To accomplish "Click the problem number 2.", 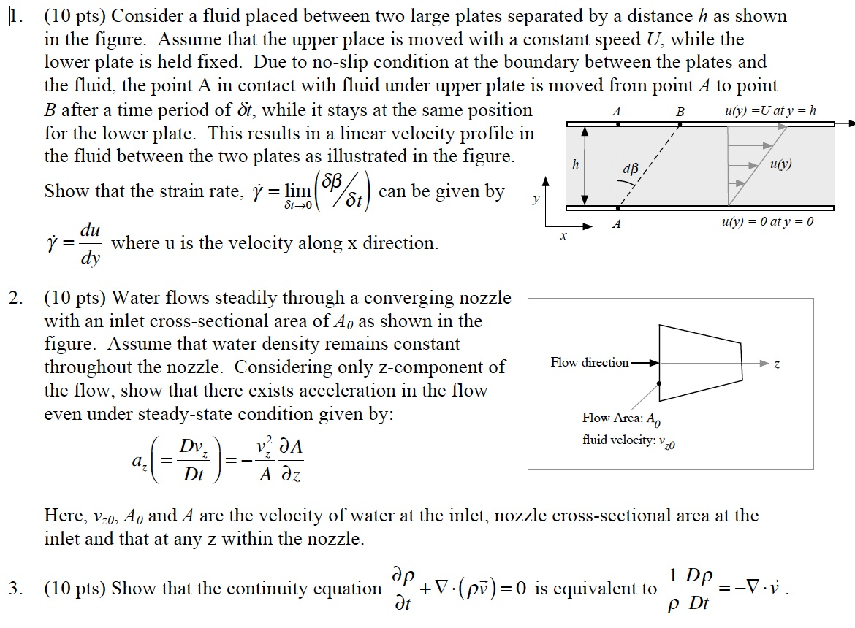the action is [15, 298].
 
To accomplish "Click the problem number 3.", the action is [15, 589].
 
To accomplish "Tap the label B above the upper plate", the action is [680, 112].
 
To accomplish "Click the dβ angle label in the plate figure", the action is [631, 168].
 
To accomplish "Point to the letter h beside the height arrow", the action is [575, 164].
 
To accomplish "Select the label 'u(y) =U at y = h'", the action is [770, 110].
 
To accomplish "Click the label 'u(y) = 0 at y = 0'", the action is [767, 221].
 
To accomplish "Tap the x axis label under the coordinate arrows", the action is [563, 236].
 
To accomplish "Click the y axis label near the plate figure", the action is [536, 199].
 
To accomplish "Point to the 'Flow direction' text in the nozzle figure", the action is [590, 362].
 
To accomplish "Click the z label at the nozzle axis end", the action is [777, 364].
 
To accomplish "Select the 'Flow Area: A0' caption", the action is [622, 419].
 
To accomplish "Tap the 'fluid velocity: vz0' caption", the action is [628, 440].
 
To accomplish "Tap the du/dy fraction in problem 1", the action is [91, 243].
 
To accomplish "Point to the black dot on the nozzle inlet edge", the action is [659, 383].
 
